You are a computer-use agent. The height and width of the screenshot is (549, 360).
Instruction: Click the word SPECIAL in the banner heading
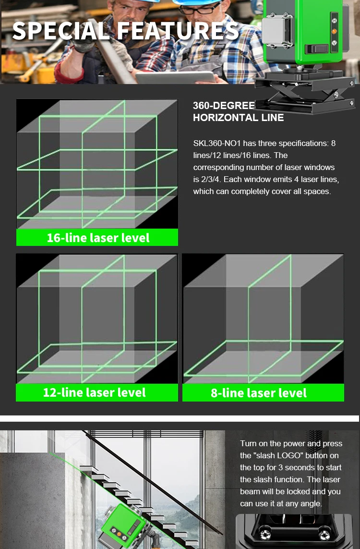tap(61, 31)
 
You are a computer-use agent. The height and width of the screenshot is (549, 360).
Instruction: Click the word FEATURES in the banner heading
tap(178, 31)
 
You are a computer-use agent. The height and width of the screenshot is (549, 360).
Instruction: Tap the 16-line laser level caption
tap(98, 238)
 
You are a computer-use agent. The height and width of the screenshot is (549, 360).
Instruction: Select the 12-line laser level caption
tap(95, 392)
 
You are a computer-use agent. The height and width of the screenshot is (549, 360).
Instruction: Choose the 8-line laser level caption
tap(259, 393)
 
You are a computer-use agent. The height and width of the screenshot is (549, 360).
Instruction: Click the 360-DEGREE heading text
tap(224, 106)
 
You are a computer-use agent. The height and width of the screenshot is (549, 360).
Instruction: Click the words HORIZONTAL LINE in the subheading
tap(238, 118)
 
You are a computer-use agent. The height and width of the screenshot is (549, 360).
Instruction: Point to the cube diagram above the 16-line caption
tap(97, 164)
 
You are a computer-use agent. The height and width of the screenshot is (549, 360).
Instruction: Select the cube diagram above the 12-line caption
tap(97, 318)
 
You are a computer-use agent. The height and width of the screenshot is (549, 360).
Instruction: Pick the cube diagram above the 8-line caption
tap(263, 318)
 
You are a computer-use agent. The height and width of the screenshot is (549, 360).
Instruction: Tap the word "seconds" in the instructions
tap(311, 467)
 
